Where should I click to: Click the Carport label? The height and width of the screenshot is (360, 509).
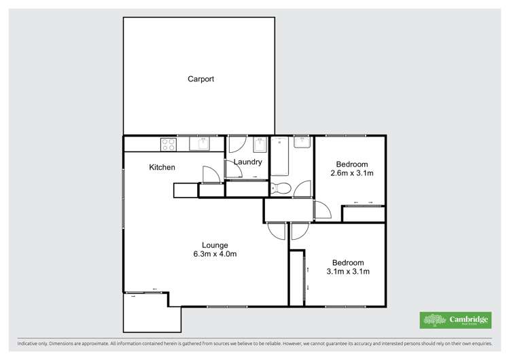[x=200, y=79]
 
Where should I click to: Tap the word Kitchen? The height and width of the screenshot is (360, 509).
[x=162, y=167]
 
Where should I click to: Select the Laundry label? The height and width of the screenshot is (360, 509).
[x=248, y=162]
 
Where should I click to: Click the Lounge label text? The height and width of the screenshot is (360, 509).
[x=214, y=245]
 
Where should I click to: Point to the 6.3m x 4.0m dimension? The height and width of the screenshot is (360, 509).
[x=214, y=254]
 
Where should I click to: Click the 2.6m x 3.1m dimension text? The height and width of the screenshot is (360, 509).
[x=352, y=173]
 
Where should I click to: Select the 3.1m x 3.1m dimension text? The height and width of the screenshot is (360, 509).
[x=347, y=272]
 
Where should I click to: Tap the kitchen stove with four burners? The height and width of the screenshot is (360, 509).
[x=168, y=144]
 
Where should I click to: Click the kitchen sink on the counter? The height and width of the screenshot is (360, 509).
[x=202, y=144]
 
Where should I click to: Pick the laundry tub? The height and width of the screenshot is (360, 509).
[x=260, y=145]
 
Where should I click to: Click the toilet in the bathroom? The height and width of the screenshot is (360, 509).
[x=281, y=188]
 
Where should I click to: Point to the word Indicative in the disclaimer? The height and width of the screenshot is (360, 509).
[x=22, y=344]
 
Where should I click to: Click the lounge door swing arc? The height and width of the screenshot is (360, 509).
[x=276, y=231]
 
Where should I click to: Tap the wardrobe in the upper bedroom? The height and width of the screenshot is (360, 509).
[x=363, y=213]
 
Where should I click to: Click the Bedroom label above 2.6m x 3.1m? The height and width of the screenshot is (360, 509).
[x=352, y=164]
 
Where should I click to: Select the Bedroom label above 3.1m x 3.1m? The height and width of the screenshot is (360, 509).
[x=347, y=263]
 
